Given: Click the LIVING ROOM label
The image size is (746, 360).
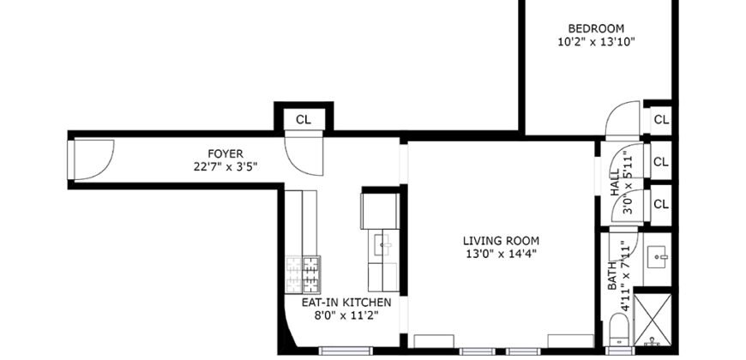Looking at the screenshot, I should point(501,240).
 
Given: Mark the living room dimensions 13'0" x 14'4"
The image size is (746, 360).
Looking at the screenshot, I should point(501,253).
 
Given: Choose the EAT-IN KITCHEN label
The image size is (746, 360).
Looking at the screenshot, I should point(346,303).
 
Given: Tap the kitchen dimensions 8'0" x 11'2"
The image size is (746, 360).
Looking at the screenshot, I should point(346,315).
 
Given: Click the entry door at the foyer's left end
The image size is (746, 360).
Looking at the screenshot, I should point(93,159).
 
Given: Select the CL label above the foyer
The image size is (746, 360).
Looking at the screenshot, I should point(304,119).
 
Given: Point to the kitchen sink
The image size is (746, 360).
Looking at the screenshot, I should point(383,245).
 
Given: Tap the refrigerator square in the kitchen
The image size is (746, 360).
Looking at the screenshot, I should point(379,210).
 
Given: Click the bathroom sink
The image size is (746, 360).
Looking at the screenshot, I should point(658,255).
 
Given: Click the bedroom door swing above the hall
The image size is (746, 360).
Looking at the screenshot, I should point(622,123).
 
